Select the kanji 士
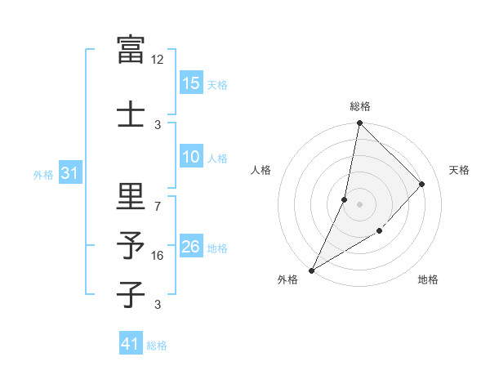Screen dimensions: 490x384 click(x=131, y=112)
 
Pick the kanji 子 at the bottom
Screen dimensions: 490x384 click(x=131, y=293)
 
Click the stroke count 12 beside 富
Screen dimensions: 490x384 click(x=158, y=60)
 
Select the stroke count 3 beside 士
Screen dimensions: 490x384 click(x=158, y=124)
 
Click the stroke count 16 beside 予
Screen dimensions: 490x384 click(x=158, y=256)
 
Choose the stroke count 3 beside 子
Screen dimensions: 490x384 click(x=158, y=305)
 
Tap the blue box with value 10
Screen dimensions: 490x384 click(x=190, y=158)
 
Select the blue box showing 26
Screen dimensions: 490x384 click(x=190, y=248)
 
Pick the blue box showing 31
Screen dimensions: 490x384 click(x=70, y=173)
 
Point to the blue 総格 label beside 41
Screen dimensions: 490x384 click(x=157, y=346)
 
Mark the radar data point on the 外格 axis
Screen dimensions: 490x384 click(x=311, y=270)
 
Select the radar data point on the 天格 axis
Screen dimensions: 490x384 click(x=422, y=184)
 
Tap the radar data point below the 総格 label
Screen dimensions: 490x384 click(x=359, y=123)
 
